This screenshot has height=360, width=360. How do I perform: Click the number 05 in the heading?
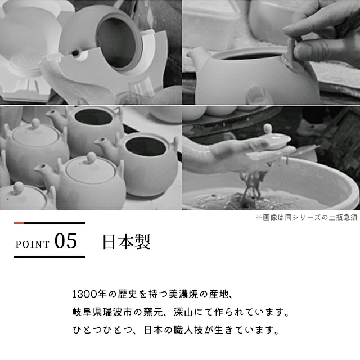click(x=66, y=241)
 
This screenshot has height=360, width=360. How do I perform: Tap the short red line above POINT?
click(x=19, y=223)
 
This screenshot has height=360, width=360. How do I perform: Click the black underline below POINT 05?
click(x=49, y=257)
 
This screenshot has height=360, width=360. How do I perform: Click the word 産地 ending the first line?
click(x=220, y=294)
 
